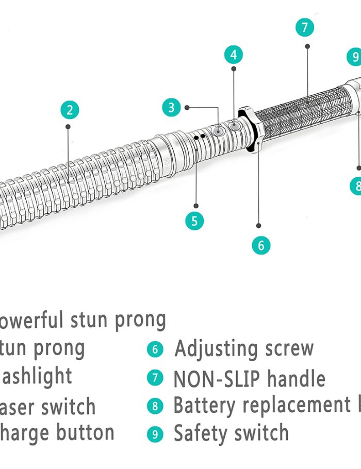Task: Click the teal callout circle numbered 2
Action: point(70,110)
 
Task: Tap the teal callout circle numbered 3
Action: point(172,108)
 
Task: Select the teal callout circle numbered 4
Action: point(234,55)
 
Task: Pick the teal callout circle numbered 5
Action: point(194,221)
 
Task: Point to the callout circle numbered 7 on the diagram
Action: point(305,27)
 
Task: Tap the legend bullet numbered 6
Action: point(155,349)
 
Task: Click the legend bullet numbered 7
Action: point(155,378)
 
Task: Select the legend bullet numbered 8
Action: point(155,406)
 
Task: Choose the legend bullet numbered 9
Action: point(155,433)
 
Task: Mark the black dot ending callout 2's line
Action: point(68,126)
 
